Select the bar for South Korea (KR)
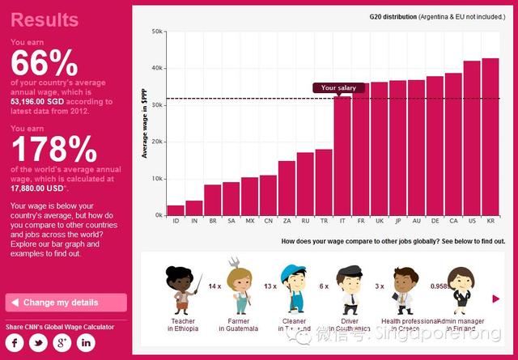point(490,137)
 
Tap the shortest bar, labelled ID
point(176,210)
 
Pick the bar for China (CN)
point(268,195)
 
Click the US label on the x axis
point(472,220)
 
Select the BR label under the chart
point(212,220)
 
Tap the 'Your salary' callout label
point(338,88)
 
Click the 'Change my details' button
point(66,303)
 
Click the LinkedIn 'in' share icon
point(86,342)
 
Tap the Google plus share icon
point(62,342)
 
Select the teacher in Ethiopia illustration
point(184,292)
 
